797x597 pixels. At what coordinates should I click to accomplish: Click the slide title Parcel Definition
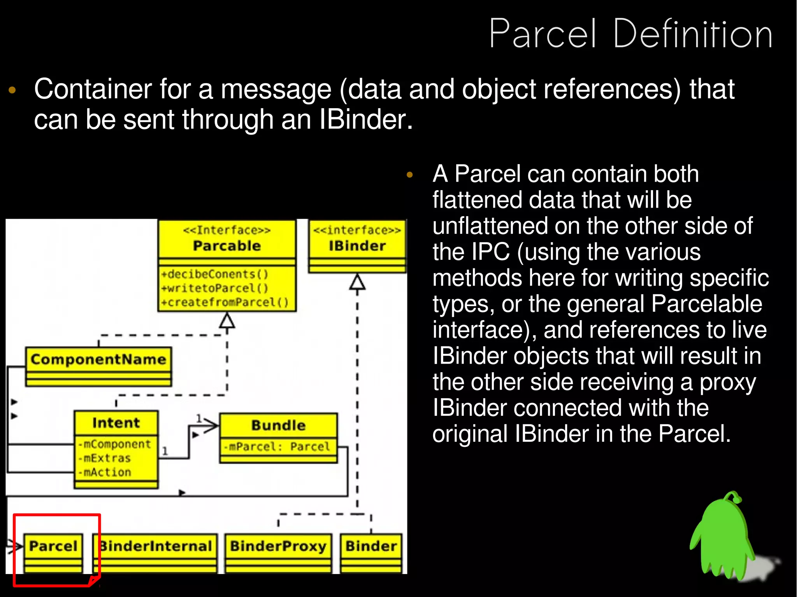click(630, 34)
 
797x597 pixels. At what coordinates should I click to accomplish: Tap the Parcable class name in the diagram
click(227, 246)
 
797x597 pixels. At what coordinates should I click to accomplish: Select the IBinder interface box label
click(357, 246)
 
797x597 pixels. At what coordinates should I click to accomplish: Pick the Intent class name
click(116, 423)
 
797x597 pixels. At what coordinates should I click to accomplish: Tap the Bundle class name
click(278, 425)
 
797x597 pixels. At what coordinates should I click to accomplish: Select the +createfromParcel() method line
click(225, 302)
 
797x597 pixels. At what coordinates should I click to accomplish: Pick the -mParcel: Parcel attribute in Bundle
click(277, 446)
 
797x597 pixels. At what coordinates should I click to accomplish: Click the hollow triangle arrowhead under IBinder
click(357, 282)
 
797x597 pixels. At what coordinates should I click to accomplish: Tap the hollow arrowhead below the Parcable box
click(227, 321)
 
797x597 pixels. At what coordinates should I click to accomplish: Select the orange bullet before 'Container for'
click(12, 90)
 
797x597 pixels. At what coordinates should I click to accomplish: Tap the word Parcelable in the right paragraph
click(706, 304)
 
